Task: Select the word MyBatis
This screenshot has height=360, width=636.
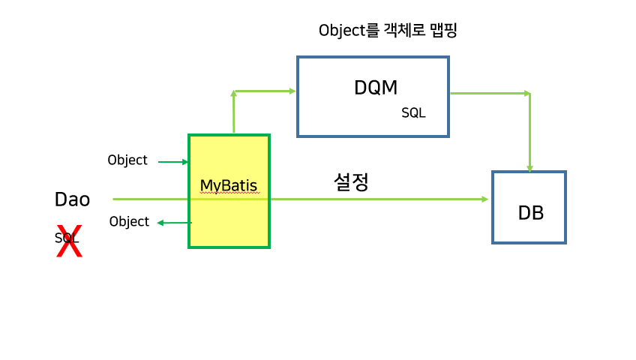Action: point(229,184)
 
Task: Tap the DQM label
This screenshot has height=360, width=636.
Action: point(375,88)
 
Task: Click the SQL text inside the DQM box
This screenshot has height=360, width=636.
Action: point(413,113)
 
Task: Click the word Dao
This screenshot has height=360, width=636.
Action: point(72,199)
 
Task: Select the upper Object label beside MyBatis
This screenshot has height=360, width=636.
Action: point(127,160)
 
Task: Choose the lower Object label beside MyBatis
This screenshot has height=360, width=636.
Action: point(129,221)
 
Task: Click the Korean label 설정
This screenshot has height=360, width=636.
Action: point(351,181)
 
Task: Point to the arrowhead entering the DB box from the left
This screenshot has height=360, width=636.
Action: point(484,199)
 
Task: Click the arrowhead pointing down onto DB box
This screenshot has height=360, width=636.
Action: point(529,168)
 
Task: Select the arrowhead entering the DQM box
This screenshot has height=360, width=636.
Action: point(292,91)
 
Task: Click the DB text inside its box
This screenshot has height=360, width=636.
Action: point(530,213)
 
